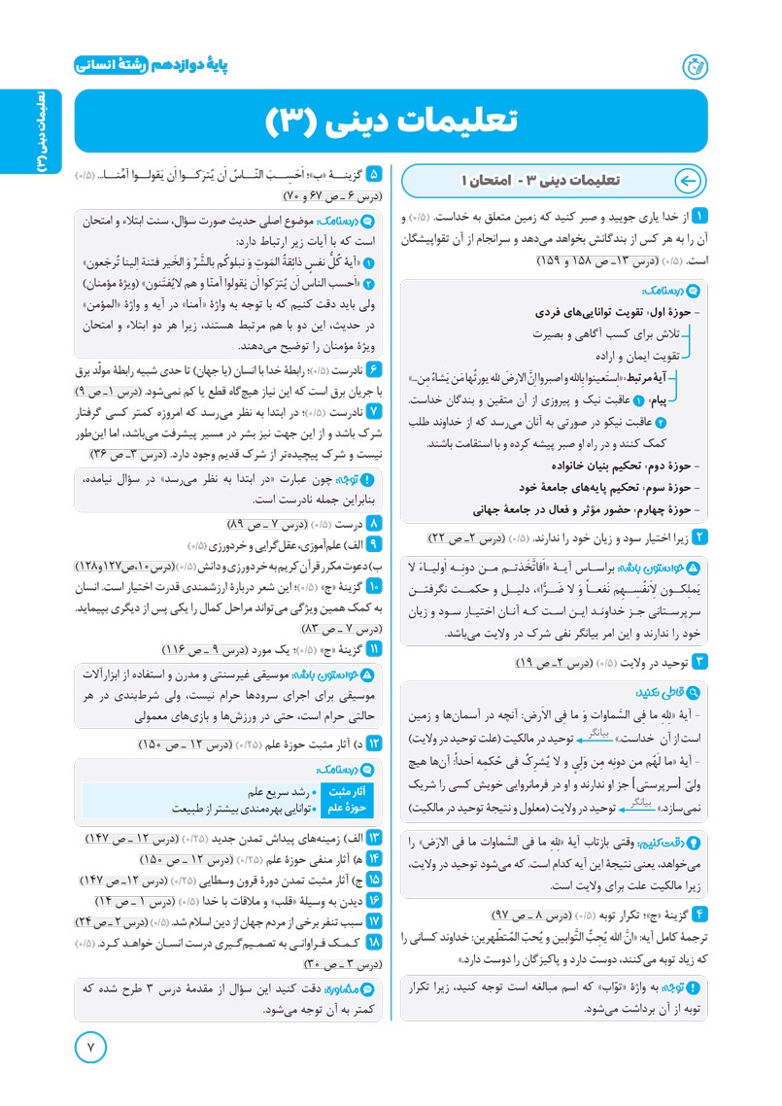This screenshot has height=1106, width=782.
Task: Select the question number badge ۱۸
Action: (375, 944)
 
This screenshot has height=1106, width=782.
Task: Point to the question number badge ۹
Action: (375, 542)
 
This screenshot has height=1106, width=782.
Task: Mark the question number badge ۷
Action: (375, 411)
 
